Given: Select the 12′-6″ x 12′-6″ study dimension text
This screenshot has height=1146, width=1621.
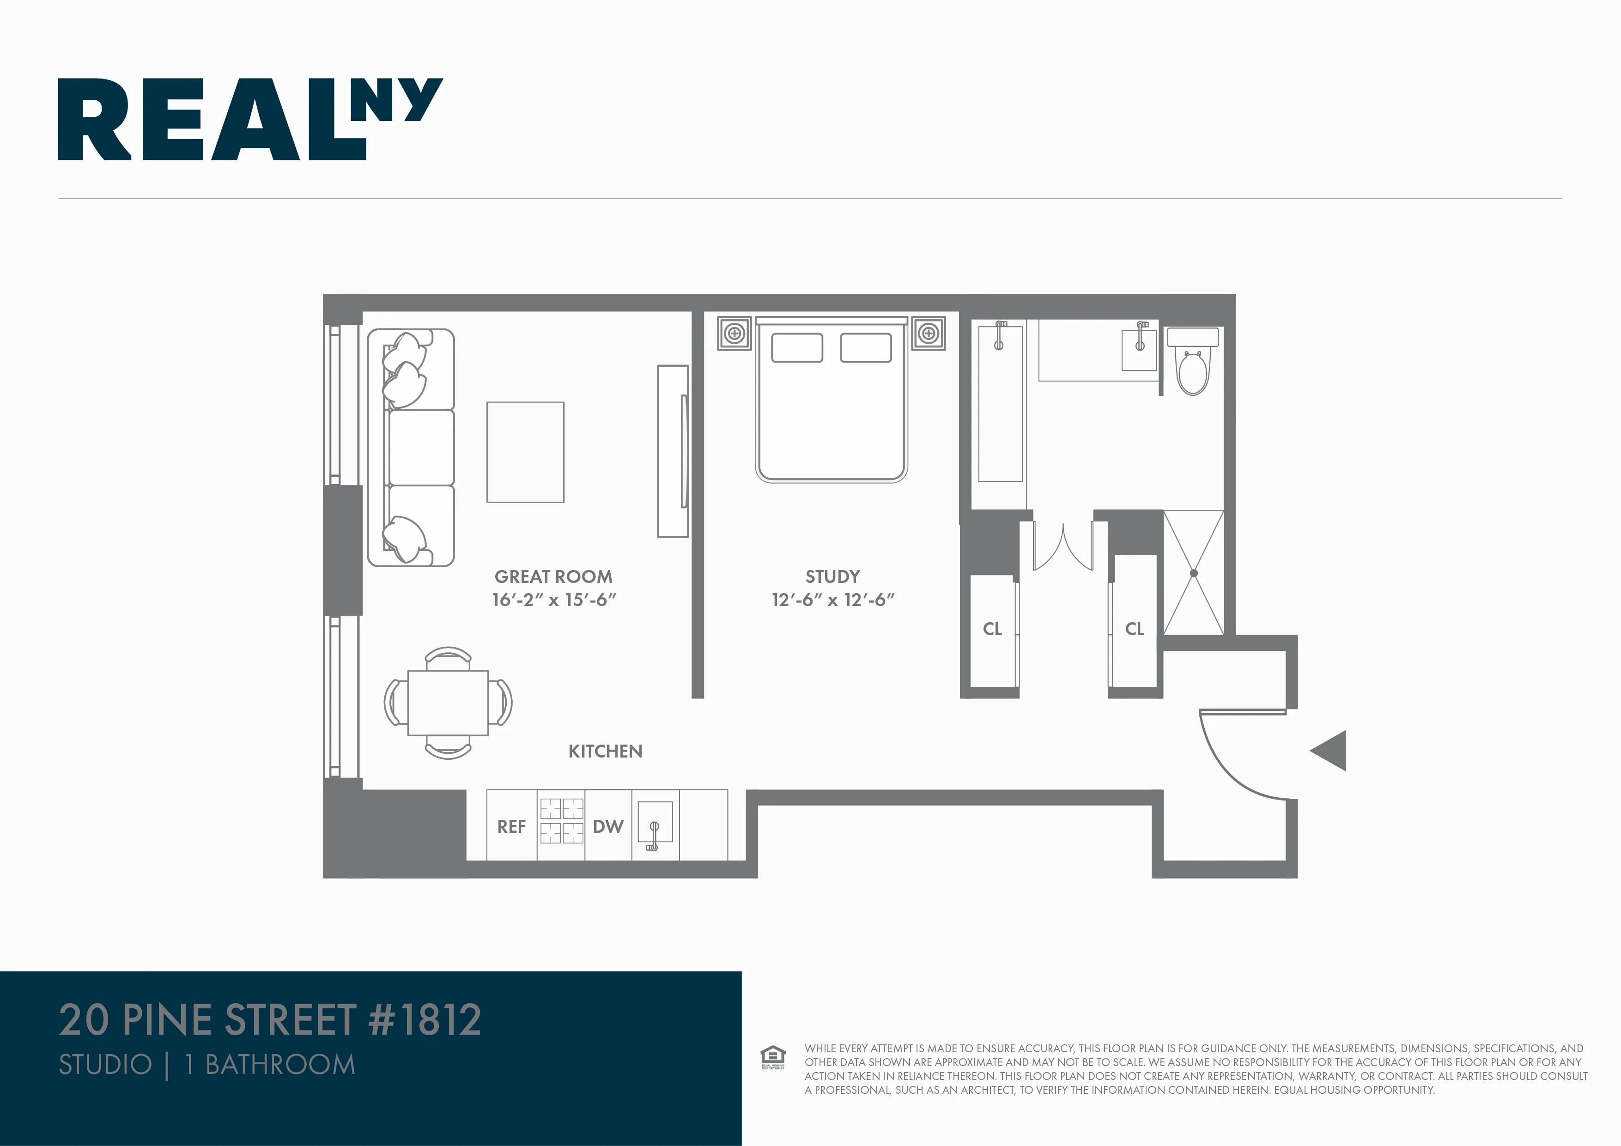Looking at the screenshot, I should (x=832, y=600).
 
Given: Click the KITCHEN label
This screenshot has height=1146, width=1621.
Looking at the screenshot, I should (x=605, y=751).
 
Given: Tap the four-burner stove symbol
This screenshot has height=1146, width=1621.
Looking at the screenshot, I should (x=561, y=820).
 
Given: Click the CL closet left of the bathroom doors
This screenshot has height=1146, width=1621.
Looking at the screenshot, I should (x=992, y=628).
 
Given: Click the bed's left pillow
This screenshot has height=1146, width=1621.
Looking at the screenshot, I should (x=796, y=347).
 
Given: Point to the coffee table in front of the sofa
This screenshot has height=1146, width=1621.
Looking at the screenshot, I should (x=525, y=452).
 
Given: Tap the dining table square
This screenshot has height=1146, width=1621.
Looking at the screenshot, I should (x=448, y=703).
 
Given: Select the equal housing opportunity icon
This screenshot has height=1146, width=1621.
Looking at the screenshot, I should (x=772, y=1056).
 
